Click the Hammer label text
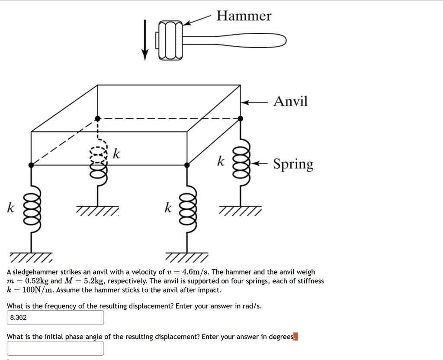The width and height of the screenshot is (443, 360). (244, 16)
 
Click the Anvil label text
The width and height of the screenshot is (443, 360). (290, 101)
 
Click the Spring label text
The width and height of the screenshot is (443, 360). (293, 164)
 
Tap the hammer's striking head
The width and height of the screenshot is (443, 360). (170, 40)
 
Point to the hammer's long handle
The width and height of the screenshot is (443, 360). (234, 40)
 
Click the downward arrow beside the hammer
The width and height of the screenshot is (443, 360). (145, 40)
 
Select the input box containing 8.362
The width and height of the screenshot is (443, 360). (55, 318)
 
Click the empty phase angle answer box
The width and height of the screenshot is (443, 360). (55, 348)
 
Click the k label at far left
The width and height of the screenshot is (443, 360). (10, 207)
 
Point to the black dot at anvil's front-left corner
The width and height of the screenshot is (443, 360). (31, 165)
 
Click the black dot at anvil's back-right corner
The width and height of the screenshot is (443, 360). (241, 118)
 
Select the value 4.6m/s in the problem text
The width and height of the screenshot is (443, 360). (196, 272)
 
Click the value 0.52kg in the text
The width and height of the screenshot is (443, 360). (37, 281)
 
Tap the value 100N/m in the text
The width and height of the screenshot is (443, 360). (38, 290)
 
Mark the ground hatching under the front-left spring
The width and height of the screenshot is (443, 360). (31, 257)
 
